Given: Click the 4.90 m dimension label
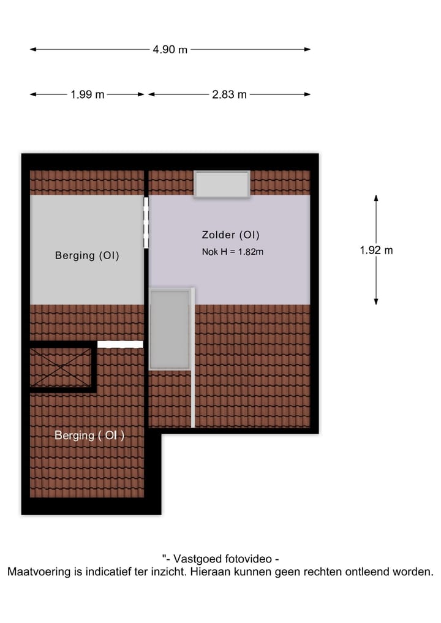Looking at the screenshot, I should pos(170,50).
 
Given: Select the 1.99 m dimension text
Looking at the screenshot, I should pos(88,94).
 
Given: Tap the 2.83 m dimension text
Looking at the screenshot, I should pos(229,94).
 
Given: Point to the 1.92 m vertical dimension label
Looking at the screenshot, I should pos(376,250).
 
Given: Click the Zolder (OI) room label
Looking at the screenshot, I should pos(230,235).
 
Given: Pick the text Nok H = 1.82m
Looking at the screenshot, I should pos(232,251).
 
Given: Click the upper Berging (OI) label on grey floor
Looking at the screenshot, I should pos(87,255).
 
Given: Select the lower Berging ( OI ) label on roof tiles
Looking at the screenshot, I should pos(89,436).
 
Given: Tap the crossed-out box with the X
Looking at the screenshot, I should pos(61,367).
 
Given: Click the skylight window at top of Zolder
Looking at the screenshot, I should pos(222,184).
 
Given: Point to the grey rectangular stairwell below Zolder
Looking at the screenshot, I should pos(170,329).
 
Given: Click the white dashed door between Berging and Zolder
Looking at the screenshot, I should pos(146,222).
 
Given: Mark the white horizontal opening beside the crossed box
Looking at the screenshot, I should pos(120,345).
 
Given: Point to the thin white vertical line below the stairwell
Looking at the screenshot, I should pos(192,398).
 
